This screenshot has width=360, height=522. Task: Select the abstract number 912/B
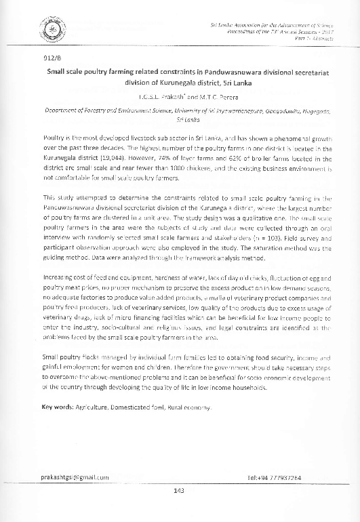pos(52,57)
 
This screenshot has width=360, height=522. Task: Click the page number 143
pos(180,491)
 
